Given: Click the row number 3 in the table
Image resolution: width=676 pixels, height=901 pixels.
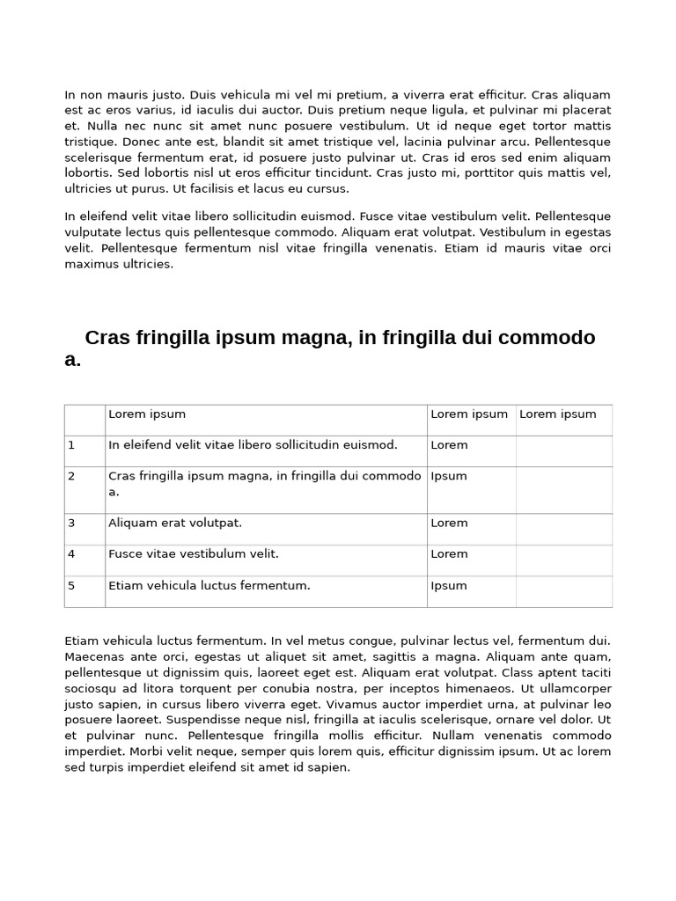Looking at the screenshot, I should (71, 523).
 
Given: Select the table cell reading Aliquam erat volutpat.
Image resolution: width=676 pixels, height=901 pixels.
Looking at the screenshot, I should (174, 523).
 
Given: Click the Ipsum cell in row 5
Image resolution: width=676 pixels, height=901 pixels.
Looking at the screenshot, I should (449, 586).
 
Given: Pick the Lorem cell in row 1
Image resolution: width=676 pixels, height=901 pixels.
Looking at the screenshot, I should (449, 445).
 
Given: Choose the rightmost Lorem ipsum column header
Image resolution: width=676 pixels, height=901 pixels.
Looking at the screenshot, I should (557, 414).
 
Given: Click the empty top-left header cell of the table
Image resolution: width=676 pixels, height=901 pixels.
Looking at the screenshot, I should (84, 420).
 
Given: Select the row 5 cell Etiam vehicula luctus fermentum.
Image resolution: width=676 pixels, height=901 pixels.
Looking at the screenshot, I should (209, 586).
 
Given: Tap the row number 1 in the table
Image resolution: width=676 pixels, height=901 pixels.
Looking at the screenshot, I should (71, 445).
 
